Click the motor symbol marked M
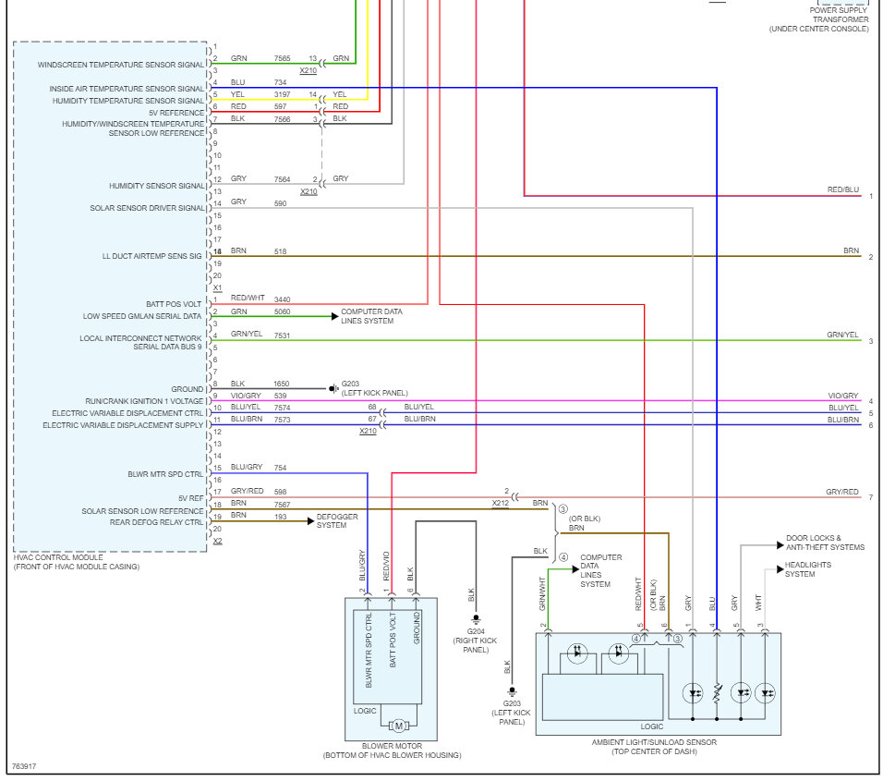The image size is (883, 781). coord(398,726)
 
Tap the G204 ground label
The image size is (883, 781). coord(476,631)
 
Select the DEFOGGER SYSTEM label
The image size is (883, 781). coord(337,520)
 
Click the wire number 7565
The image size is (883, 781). coord(282,58)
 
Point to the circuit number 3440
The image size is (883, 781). coord(282,299)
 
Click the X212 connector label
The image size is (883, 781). coord(500,503)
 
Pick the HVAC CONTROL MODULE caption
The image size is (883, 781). coord(58,557)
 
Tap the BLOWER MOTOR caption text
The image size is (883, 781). coord(392,746)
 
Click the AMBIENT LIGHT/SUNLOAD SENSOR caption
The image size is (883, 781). coord(654,742)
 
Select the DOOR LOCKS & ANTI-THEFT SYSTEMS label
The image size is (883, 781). coord(825,543)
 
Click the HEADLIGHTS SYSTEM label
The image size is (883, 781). coord(807,569)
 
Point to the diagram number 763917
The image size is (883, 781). coord(24,766)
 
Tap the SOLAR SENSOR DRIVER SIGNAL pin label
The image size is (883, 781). coord(147,208)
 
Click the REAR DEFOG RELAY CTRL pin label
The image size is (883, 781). coord(156,522)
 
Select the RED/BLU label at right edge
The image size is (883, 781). coord(843,189)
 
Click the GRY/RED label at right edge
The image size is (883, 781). coord(841,492)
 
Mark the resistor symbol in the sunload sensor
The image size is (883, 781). coord(717,693)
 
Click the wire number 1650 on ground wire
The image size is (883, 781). coord(282,384)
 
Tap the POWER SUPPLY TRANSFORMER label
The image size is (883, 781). coord(839,15)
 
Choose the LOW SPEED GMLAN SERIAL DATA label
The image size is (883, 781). coord(142,316)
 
